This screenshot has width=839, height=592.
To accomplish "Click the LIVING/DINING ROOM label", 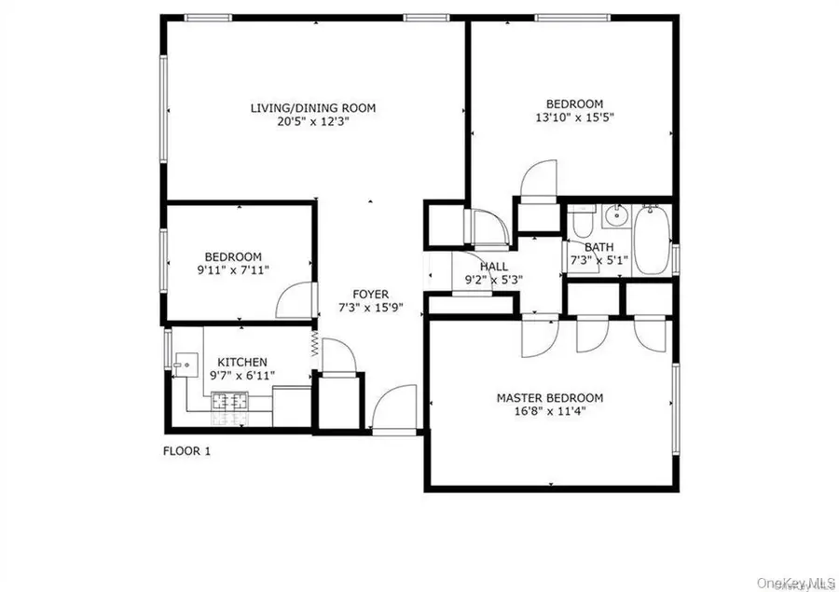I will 313,108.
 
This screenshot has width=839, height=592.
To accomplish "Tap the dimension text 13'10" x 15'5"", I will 574,117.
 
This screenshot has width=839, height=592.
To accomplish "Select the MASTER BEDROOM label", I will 549,397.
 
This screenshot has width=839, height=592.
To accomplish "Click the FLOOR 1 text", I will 187,451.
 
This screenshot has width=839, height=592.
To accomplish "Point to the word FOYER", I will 370,295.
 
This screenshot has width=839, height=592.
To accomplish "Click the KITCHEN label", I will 242,363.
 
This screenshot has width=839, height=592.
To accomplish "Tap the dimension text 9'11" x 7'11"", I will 233,270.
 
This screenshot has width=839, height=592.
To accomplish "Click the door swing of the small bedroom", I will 293,300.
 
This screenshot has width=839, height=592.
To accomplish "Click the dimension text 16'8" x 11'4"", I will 549,410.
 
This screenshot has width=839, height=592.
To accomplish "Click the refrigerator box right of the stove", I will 291,403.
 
